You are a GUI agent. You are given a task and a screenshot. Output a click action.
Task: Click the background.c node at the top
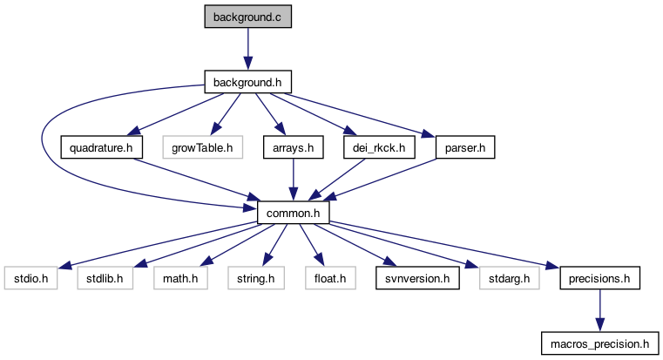click(247, 17)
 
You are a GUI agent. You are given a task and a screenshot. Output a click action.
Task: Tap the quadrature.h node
click(102, 147)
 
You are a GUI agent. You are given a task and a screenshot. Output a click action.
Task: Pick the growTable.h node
click(201, 147)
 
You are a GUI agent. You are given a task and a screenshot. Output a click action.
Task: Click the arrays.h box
click(293, 147)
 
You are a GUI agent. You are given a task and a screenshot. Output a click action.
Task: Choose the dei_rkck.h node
click(380, 147)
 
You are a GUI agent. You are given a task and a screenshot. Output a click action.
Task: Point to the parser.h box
click(464, 147)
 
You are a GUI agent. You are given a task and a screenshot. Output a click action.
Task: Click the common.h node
click(293, 213)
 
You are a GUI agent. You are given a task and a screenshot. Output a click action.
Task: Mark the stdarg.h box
click(504, 279)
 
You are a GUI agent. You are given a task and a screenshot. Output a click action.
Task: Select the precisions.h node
click(599, 279)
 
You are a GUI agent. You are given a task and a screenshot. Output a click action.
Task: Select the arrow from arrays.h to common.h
click(293, 180)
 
